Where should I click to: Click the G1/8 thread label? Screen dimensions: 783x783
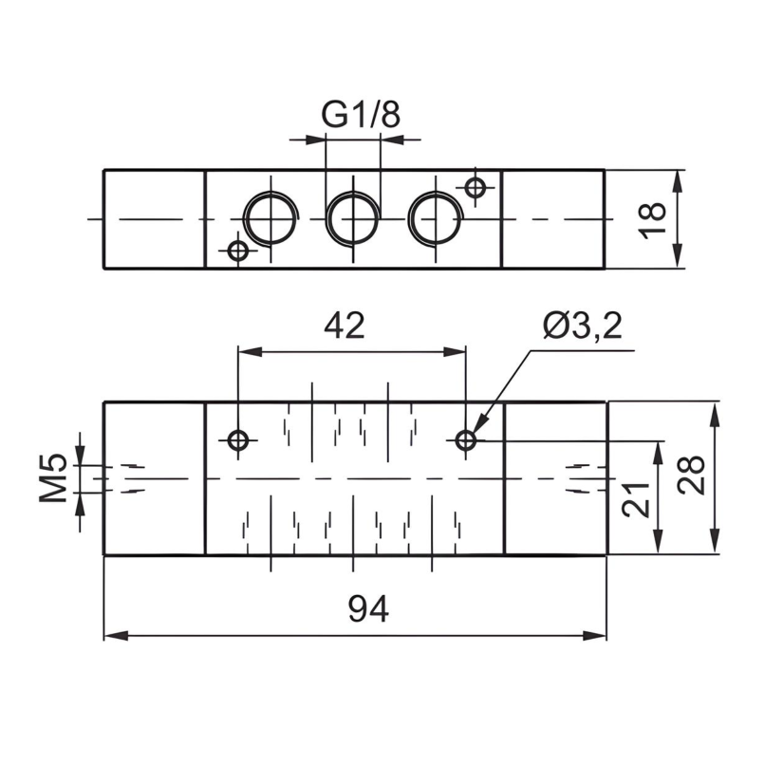click(361, 115)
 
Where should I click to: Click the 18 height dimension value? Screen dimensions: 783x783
click(653, 219)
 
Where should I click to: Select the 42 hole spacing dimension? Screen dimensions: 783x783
click(344, 326)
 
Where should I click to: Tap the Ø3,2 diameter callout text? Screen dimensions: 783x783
click(582, 326)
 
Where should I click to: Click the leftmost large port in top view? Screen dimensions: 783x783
click(270, 217)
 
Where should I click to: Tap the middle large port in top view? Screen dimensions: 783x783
click(352, 217)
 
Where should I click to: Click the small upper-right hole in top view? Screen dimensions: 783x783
click(475, 187)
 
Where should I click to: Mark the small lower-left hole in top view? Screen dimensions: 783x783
click(238, 251)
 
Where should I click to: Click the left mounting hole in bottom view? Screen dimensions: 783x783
click(238, 440)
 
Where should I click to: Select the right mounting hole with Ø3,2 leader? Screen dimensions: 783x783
click(466, 440)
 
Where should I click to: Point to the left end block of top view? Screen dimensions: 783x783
click(154, 218)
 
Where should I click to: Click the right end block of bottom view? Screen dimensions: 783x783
click(554, 478)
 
